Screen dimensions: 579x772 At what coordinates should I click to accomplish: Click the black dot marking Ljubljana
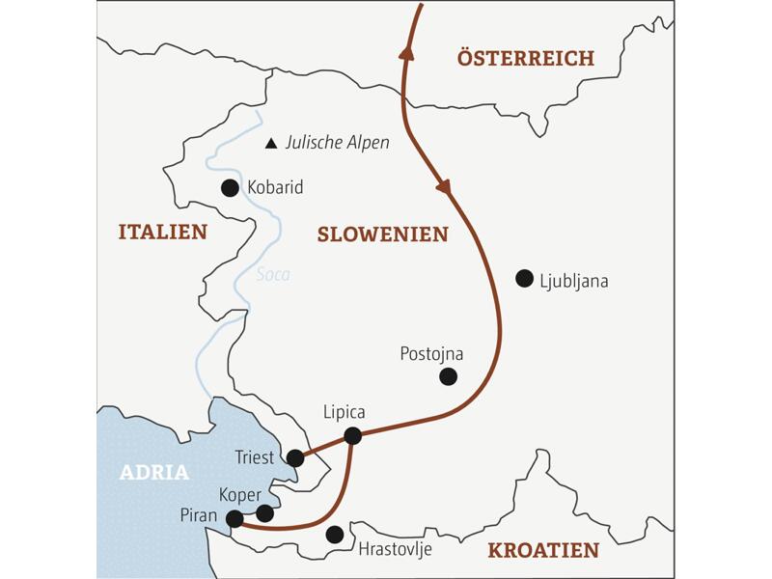524,279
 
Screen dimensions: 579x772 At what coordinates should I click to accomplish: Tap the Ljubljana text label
576,282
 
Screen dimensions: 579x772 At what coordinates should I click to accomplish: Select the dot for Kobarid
230,188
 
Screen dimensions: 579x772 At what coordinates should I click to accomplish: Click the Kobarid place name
275,188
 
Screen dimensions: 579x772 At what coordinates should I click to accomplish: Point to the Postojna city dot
448,376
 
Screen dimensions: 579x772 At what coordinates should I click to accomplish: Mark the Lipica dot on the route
353,435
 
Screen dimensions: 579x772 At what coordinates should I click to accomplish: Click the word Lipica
345,412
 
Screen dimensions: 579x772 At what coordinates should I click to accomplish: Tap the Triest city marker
295,458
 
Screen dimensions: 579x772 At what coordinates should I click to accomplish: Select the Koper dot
264,513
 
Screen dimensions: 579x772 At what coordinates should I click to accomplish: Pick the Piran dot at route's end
234,519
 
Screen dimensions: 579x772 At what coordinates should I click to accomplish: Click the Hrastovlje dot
335,534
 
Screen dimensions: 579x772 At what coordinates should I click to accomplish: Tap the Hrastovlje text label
395,550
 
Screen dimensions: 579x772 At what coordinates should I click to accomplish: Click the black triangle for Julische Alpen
271,143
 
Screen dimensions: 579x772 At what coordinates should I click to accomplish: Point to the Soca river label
273,275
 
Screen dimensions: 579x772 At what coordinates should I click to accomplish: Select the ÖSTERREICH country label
525,59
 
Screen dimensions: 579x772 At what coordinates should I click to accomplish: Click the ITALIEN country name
162,232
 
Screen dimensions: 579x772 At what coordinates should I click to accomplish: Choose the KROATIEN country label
543,550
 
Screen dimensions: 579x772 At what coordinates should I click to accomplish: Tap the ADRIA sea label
154,473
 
